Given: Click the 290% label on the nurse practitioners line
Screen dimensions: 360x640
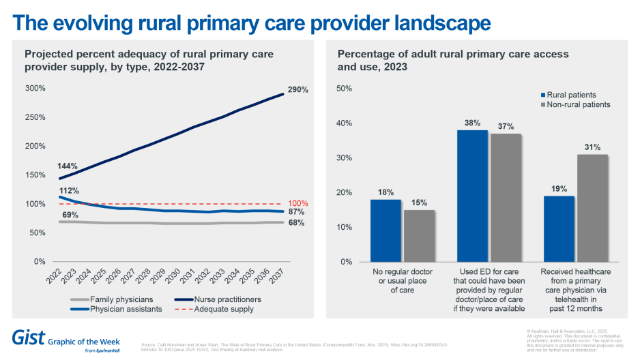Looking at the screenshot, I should coord(297,89).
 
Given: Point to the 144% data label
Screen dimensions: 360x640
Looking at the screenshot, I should coord(67,166).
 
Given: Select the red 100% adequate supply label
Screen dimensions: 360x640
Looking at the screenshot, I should coord(298,203).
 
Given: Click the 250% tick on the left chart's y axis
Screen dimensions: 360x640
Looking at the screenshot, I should coord(35,117).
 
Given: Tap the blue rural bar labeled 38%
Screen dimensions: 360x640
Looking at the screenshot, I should coord(472,196).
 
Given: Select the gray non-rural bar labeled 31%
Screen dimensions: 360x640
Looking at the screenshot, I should coord(592,208).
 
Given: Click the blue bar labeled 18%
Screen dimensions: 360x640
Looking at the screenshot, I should coord(385,230).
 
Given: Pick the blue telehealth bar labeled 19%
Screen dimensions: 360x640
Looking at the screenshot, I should coord(559,228).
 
